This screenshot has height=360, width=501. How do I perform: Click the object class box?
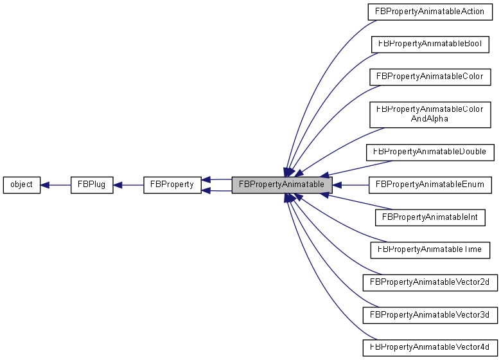[x=22, y=185]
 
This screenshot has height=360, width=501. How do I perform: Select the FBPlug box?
[x=92, y=185]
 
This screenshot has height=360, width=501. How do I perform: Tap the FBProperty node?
[x=172, y=185]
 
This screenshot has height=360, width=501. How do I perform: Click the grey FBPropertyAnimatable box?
[x=282, y=185]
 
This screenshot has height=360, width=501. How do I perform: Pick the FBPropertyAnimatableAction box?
[x=430, y=12]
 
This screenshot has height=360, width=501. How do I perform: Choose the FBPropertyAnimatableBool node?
[x=430, y=44]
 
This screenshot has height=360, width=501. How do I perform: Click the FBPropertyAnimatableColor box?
[x=430, y=76]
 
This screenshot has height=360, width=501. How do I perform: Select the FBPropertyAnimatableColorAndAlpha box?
[x=430, y=114]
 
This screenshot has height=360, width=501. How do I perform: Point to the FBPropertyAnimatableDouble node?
[x=430, y=152]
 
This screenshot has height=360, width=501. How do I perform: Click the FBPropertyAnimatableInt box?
[x=430, y=217]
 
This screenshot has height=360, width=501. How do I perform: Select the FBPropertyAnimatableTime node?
[x=430, y=249]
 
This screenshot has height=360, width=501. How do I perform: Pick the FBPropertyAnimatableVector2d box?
[x=430, y=282]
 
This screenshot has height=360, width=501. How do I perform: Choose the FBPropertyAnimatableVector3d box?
[x=430, y=315]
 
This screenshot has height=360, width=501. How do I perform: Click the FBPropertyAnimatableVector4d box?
[x=430, y=347]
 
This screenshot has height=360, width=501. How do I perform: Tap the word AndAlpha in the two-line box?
[x=430, y=119]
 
